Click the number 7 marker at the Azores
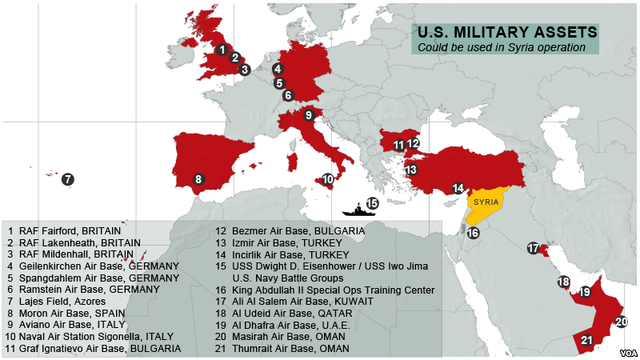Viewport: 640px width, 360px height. (68, 179)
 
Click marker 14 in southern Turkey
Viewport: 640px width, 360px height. (458, 188)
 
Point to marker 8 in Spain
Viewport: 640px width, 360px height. (198, 179)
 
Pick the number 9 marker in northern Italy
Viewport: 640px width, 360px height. (308, 115)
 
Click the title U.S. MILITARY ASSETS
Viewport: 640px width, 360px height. (506, 33)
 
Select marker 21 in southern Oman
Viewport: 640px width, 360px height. (587, 340)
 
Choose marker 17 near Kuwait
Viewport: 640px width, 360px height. (534, 248)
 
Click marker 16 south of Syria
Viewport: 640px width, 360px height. (473, 233)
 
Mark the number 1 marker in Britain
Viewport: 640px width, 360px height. (222, 49)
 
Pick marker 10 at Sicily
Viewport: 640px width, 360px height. (327, 179)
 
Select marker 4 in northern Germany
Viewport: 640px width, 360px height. (277, 68)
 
